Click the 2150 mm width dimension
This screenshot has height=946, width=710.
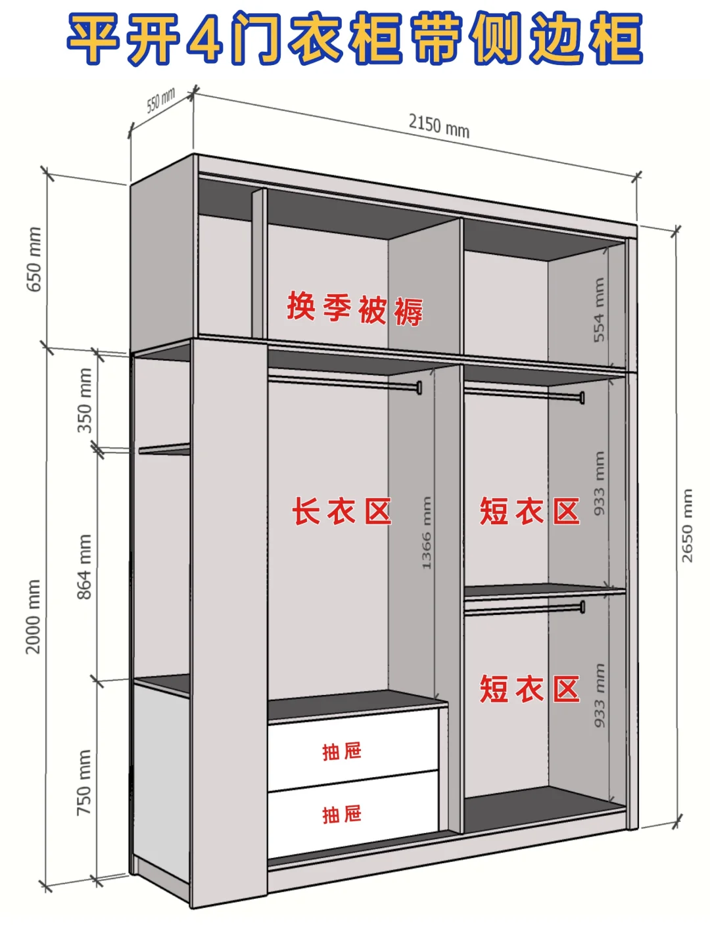(438, 125)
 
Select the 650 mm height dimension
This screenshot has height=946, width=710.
(35, 259)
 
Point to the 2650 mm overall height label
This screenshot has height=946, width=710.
(687, 526)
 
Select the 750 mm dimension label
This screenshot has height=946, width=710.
(85, 782)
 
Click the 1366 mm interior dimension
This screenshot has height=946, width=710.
(426, 533)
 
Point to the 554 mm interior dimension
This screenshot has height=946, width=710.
(599, 309)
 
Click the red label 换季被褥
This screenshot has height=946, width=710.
(354, 309)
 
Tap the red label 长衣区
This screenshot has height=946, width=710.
(342, 512)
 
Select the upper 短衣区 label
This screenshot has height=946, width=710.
(529, 512)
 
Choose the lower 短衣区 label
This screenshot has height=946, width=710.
(529, 689)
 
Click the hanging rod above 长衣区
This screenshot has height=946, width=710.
(342, 381)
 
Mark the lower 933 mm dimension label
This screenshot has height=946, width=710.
(599, 695)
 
